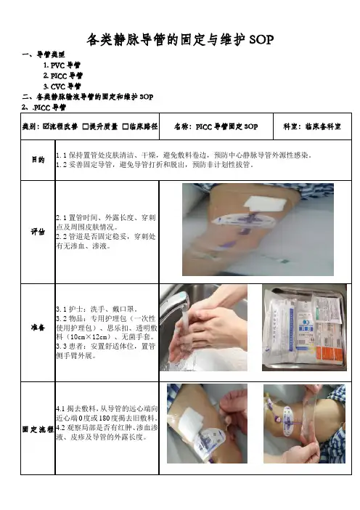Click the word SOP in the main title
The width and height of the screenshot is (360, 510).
pos(261,40)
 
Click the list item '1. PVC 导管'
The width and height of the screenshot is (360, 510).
pos(62,65)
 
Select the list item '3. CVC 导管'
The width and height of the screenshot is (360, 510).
pos(62,86)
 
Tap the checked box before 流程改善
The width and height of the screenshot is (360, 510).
pos(46,126)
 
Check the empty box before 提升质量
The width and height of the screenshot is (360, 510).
pos(86,126)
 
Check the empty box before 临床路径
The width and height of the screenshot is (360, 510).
pos(126,126)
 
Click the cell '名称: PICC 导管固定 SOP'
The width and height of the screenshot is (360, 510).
pos(216,126)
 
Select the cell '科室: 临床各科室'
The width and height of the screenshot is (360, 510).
pos(312,126)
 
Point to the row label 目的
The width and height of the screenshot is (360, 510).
pos(38,160)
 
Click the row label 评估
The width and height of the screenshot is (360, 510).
pos(38,232)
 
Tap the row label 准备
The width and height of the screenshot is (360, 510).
pos(38,328)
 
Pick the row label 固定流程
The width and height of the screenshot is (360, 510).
pos(38,429)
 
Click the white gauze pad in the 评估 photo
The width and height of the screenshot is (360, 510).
pos(265,204)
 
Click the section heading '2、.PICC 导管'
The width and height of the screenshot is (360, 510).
pos(44,108)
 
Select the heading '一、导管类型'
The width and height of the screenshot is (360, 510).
pos(44,54)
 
